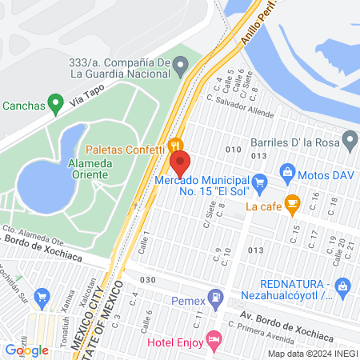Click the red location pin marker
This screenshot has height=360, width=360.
(x=179, y=164)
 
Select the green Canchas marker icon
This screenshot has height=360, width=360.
(x=55, y=102)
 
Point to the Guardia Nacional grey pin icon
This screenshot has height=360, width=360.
(x=181, y=64)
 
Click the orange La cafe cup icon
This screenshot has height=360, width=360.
(x=292, y=205)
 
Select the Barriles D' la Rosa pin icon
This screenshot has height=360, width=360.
(x=350, y=142)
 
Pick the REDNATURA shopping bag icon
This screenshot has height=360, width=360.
(x=342, y=285)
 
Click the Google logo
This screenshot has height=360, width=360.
(x=26, y=350)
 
